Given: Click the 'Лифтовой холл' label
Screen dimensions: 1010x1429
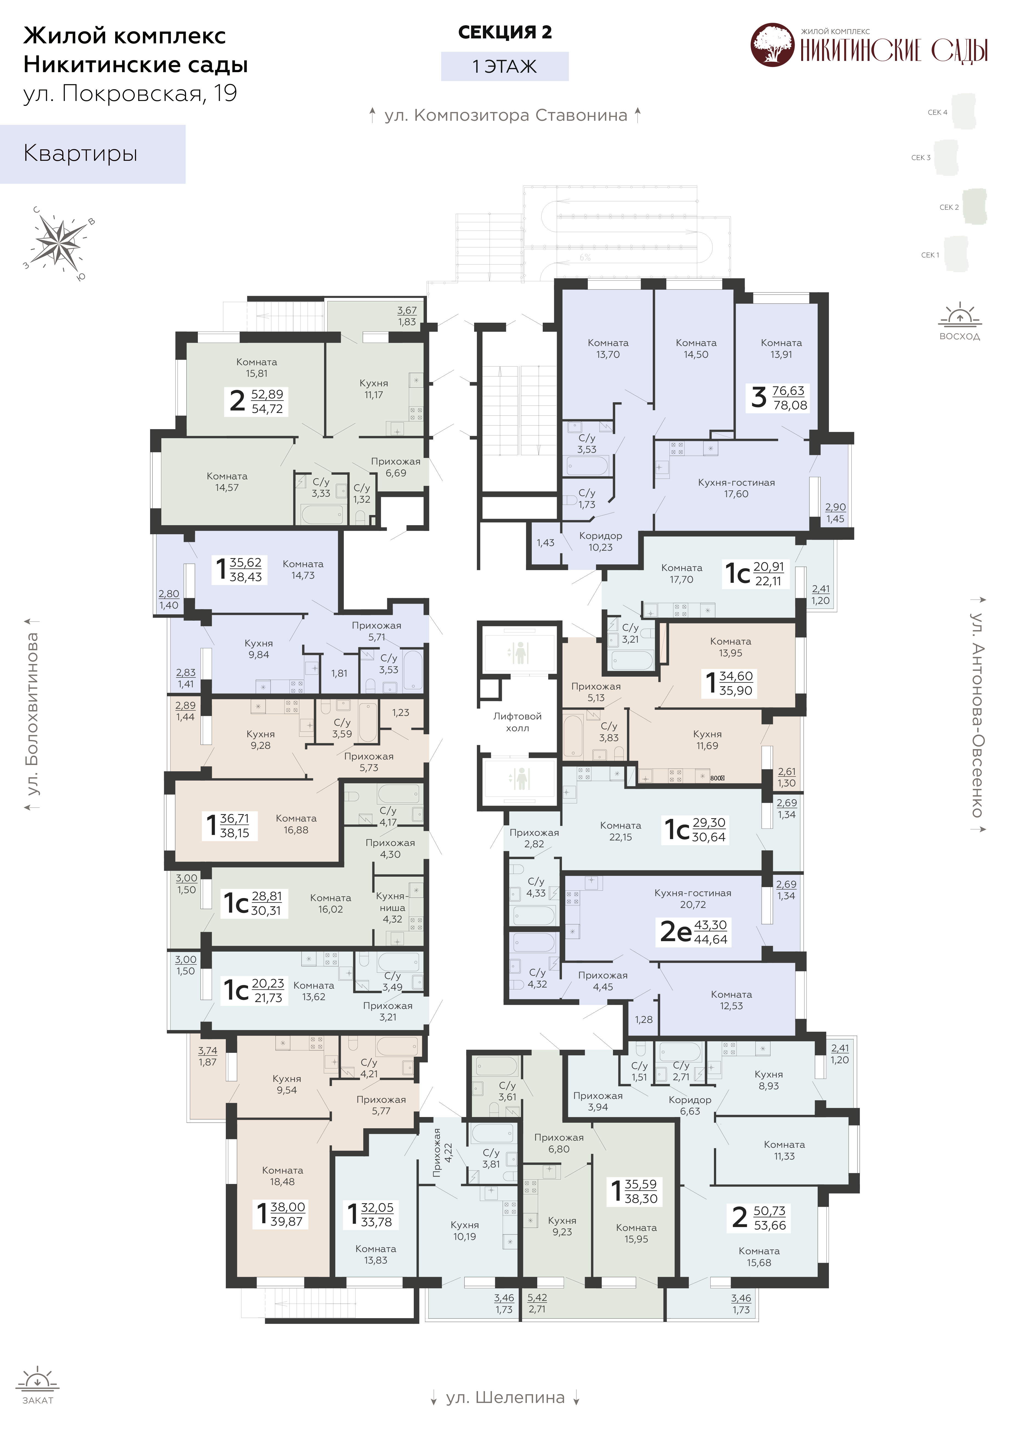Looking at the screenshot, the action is coord(517,722).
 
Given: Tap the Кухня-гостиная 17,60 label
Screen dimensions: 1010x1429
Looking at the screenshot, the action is coord(736,488).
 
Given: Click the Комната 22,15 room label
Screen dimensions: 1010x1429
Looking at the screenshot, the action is coord(620,831).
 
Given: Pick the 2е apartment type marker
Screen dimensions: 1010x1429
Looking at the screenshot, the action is coord(675,932).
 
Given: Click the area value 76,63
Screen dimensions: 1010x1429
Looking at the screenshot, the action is coord(789,391).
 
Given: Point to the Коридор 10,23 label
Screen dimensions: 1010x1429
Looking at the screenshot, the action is coord(601,541).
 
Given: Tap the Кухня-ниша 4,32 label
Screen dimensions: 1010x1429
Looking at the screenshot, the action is coord(392,907).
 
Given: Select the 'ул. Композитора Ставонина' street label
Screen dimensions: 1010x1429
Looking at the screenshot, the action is coord(505,115).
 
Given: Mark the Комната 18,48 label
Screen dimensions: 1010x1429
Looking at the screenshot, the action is coord(283,1176).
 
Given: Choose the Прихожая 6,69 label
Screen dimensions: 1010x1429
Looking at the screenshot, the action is coord(396,467).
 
